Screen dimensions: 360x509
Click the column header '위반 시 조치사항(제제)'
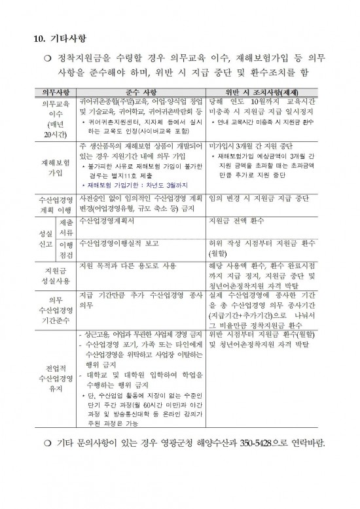pos(265,93)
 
